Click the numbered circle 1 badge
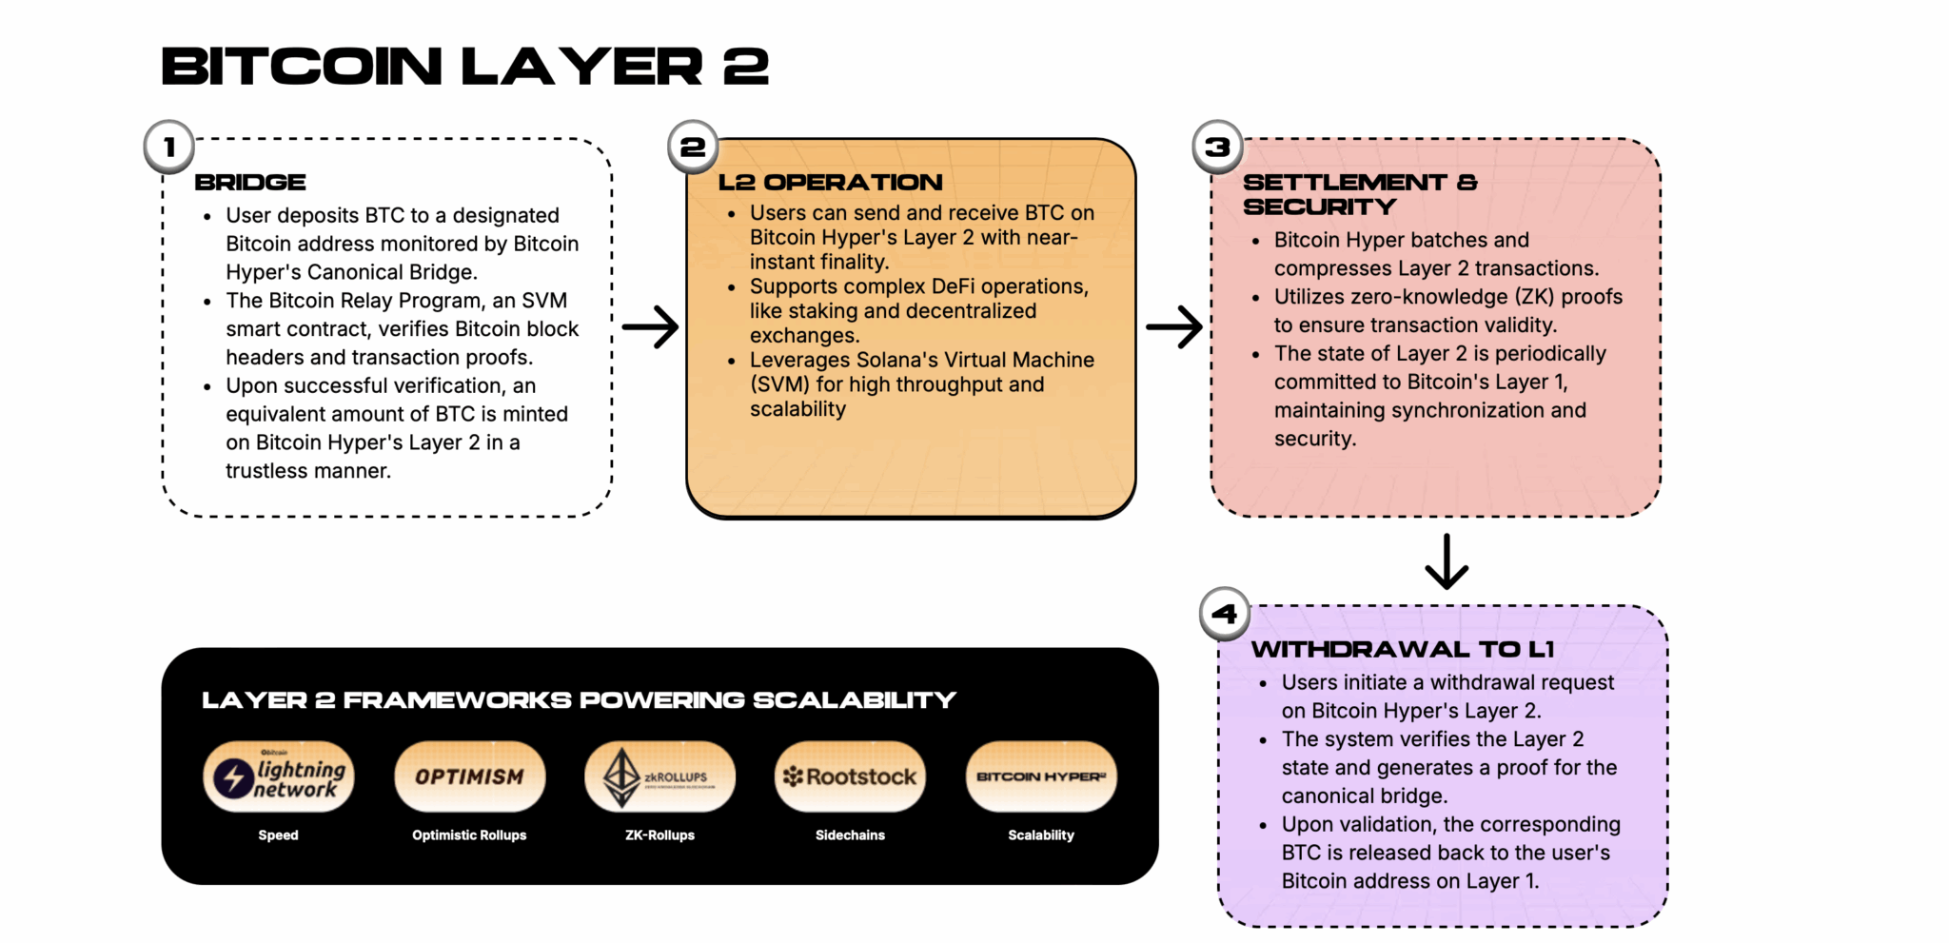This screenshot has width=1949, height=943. tap(169, 147)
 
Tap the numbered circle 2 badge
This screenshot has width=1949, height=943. tap(693, 147)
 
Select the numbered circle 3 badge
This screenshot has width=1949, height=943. tap(1217, 147)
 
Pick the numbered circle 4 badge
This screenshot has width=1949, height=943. tap(1225, 614)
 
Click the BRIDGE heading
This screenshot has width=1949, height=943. tap(250, 182)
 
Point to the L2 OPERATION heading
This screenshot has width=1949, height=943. tap(830, 182)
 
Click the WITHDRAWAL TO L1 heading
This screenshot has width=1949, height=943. tap(1402, 649)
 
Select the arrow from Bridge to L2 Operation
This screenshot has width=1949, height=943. tap(650, 326)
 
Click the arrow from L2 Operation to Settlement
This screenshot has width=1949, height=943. tap(1174, 326)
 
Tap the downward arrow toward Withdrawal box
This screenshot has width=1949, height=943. tap(1447, 561)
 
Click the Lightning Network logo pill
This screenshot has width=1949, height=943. tap(279, 776)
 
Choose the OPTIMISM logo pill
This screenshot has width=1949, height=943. tap(469, 776)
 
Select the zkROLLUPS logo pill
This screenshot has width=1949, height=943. tap(660, 776)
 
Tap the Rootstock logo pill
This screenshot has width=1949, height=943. tap(850, 776)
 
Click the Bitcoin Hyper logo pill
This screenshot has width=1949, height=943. tap(1041, 776)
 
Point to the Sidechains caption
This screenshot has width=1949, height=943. tap(850, 835)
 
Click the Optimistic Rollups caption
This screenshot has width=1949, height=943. tap(469, 835)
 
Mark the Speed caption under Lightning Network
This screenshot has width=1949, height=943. tap(278, 835)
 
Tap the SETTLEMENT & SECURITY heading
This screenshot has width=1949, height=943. tap(1359, 194)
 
